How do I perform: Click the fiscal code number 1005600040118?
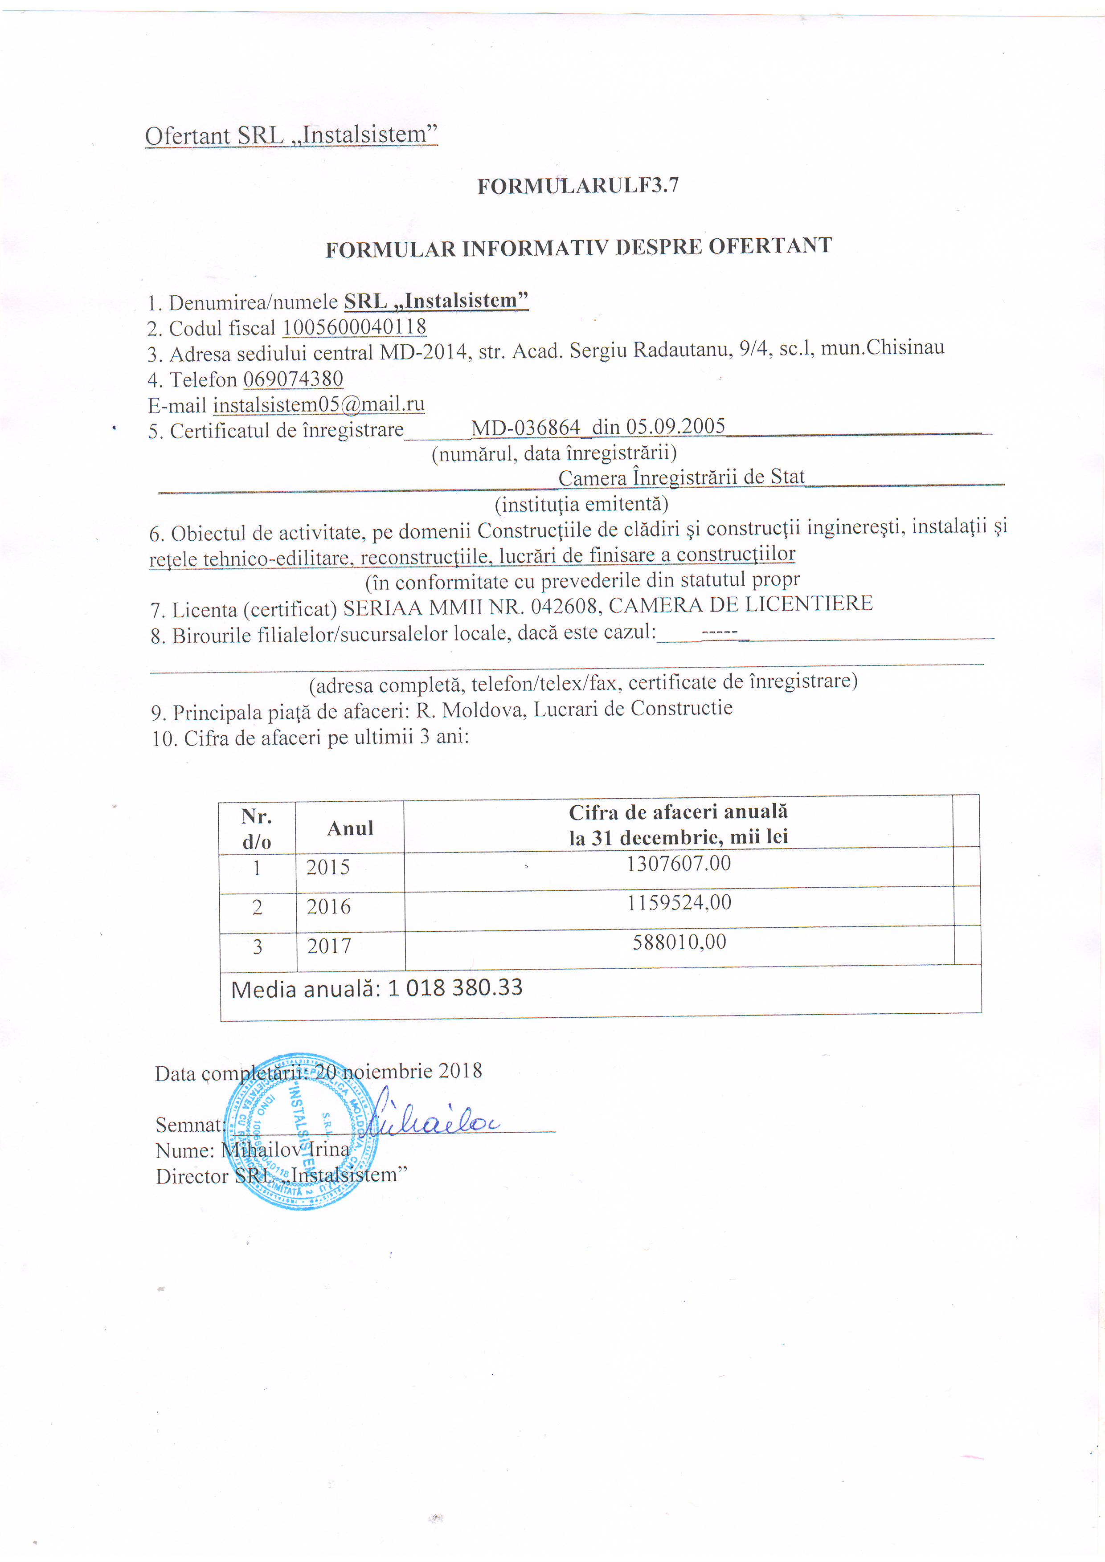coord(355,327)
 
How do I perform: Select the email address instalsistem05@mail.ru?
coord(319,404)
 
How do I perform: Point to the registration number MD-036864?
coord(525,428)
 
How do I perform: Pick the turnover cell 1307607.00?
coord(679,864)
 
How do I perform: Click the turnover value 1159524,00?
coord(679,903)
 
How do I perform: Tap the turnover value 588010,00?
coord(679,943)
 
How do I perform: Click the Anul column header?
coord(350,828)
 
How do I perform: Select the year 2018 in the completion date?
coord(460,1071)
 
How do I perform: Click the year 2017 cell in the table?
coord(329,946)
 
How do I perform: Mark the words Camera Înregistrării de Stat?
coord(681,477)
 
